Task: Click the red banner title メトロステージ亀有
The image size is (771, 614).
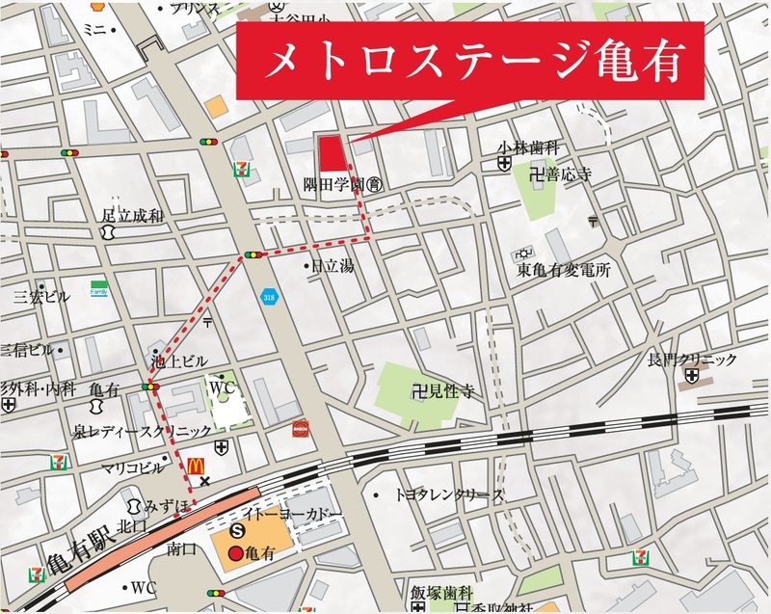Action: pyautogui.click(x=475, y=63)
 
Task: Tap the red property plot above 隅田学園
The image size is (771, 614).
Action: pyautogui.click(x=332, y=153)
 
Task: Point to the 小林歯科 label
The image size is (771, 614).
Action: pyautogui.click(x=530, y=147)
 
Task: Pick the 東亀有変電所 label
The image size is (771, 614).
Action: pyautogui.click(x=564, y=271)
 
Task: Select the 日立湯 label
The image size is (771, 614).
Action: pyautogui.click(x=331, y=264)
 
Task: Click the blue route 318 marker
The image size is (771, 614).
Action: pyautogui.click(x=267, y=299)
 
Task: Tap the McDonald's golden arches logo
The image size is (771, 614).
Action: pyautogui.click(x=196, y=467)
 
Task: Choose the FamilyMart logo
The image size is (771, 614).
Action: pyautogui.click(x=98, y=289)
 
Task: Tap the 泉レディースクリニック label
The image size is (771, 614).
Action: pyautogui.click(x=143, y=430)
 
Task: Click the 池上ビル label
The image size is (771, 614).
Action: pyautogui.click(x=179, y=361)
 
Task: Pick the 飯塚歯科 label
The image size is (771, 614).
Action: pyautogui.click(x=440, y=592)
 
